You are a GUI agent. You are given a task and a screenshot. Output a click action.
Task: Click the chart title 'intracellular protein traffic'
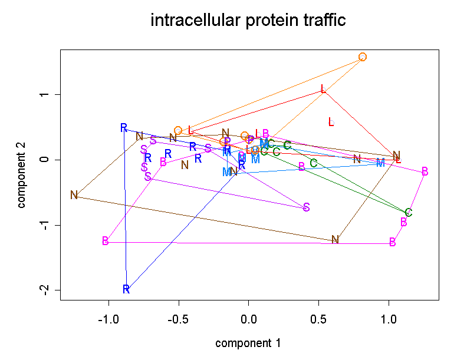tap(248, 21)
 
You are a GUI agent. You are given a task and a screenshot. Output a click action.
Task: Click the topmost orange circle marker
tap(363, 57)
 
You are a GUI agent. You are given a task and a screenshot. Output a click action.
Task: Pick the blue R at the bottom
tap(126, 289)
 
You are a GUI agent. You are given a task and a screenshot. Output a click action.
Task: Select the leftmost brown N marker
tap(74, 195)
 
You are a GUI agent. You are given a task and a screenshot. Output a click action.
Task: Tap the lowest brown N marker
tap(335, 239)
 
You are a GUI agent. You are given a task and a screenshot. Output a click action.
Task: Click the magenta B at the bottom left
tap(106, 241)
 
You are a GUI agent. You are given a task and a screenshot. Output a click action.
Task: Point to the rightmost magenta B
tap(425, 171)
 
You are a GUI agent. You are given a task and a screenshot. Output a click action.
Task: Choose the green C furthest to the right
tap(408, 213)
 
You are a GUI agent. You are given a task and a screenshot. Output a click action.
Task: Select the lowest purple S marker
tap(306, 207)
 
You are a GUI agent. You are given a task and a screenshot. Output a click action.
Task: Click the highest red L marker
tap(323, 89)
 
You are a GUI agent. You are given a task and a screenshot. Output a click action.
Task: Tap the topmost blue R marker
tap(124, 128)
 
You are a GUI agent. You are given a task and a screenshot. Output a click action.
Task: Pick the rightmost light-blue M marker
tap(380, 163)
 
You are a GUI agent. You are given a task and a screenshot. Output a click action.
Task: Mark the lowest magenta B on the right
tap(393, 242)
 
